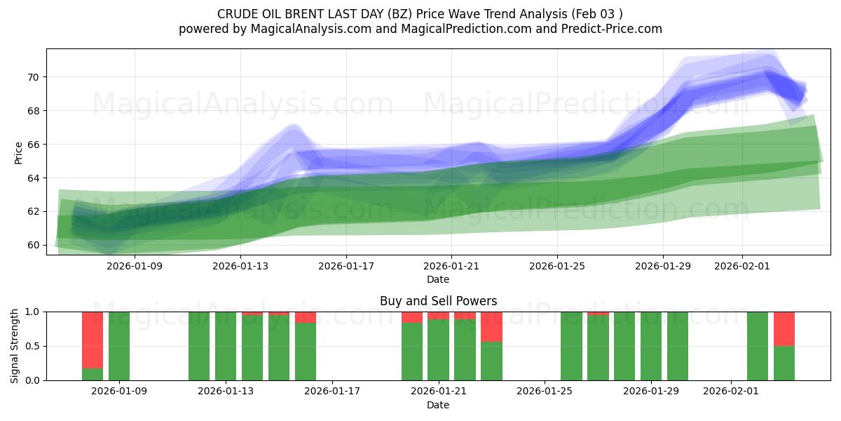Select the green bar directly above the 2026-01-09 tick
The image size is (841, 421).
pyautogui.click(x=119, y=346)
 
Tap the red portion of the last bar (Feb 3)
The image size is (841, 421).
pyautogui.click(x=784, y=328)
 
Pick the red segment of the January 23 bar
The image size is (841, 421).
pyautogui.click(x=491, y=326)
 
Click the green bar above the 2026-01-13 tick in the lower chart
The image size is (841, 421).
pyautogui.click(x=226, y=346)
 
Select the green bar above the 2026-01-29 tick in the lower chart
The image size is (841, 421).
pyautogui.click(x=651, y=346)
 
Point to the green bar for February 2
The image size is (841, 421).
pyautogui.click(x=758, y=346)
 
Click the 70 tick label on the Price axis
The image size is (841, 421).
pyautogui.click(x=33, y=77)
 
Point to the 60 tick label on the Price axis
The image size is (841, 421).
pyautogui.click(x=33, y=245)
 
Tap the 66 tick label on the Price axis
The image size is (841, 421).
pyautogui.click(x=33, y=145)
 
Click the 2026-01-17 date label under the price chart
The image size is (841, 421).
pyautogui.click(x=346, y=267)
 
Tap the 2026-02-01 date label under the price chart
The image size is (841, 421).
pyautogui.click(x=742, y=267)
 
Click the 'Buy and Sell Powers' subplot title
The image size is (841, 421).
pyautogui.click(x=438, y=302)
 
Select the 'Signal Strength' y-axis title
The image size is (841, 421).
pyautogui.click(x=15, y=346)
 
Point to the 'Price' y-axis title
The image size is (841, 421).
pyautogui.click(x=18, y=152)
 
